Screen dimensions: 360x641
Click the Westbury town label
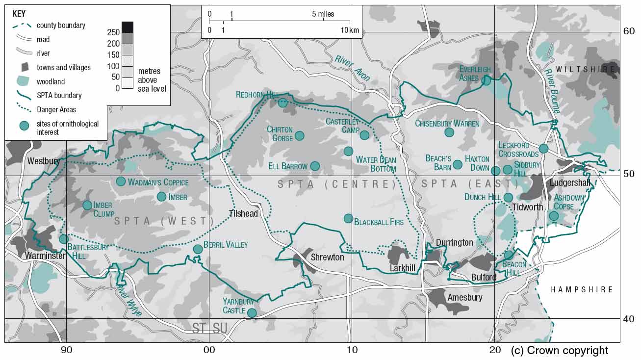point(44,161)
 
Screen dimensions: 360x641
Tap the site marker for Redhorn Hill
point(282,103)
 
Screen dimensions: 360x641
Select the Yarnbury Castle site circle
point(252,313)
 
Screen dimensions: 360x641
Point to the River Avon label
point(353,68)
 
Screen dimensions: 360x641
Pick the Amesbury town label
point(464,297)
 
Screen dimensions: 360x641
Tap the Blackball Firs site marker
point(348,218)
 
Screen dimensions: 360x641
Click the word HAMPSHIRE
point(582,290)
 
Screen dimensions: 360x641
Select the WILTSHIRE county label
point(585,69)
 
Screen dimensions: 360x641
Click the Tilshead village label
point(243,213)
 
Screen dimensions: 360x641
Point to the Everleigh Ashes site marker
point(486,80)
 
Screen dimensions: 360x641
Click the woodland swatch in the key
point(23,81)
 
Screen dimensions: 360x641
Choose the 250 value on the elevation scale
point(113,32)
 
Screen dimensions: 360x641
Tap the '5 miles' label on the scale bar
point(323,14)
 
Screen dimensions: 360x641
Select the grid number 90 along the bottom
point(67,350)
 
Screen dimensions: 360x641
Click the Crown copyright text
point(559,350)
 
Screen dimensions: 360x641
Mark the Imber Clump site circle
point(87,205)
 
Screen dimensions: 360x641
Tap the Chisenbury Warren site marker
point(449,132)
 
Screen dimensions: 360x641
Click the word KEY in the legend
point(19,14)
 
